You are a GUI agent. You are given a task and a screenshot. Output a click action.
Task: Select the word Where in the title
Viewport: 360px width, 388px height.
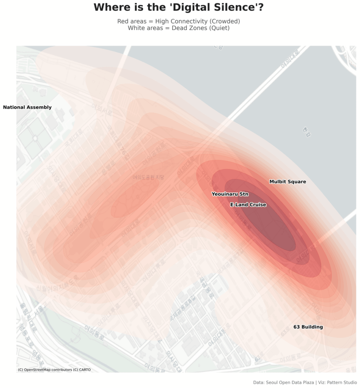click(x=110, y=7)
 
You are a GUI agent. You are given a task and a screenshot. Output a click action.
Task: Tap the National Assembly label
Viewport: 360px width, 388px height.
click(x=27, y=107)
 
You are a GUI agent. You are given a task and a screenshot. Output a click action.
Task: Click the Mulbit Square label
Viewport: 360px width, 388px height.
click(x=288, y=182)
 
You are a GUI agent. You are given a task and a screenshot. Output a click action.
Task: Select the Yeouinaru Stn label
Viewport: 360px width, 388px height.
click(x=230, y=194)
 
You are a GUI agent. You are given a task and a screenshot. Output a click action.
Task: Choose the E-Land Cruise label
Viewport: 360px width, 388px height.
click(x=248, y=205)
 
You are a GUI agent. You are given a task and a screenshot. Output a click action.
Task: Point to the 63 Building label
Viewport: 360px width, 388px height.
click(x=308, y=327)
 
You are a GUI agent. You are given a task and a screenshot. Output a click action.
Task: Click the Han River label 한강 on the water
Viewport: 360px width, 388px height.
click(x=306, y=132)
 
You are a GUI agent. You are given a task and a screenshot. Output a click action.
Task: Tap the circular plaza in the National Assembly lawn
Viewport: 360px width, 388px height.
click(x=35, y=139)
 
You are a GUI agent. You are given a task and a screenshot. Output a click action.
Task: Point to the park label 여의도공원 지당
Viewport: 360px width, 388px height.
click(x=148, y=177)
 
